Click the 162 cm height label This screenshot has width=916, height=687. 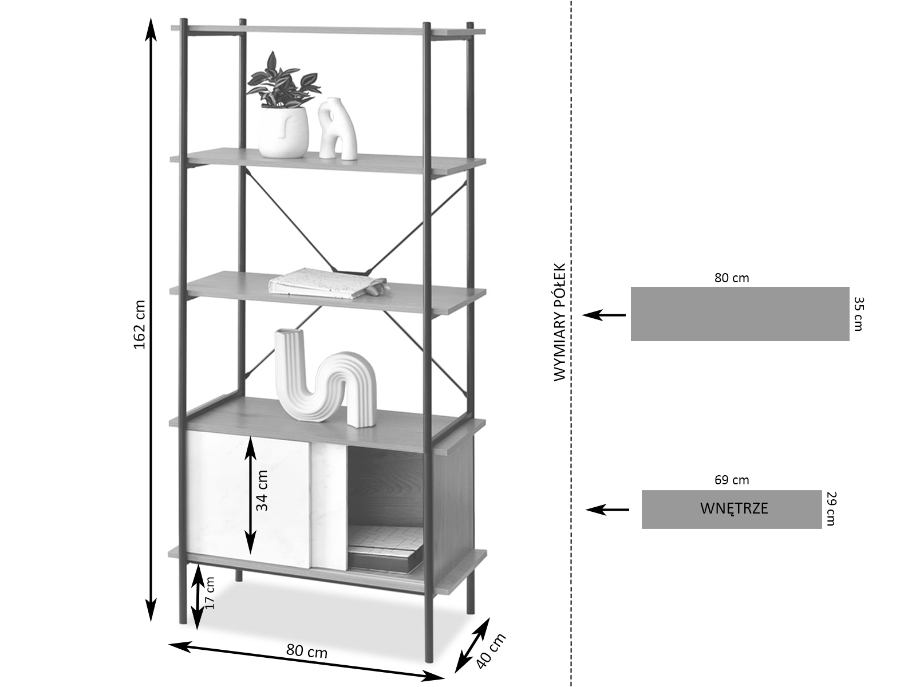pyautogui.click(x=140, y=324)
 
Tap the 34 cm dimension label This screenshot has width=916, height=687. pyautogui.click(x=262, y=490)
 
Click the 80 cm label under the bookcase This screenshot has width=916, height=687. pyautogui.click(x=306, y=651)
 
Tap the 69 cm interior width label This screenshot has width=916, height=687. pyautogui.click(x=731, y=480)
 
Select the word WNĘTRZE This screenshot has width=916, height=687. pyautogui.click(x=733, y=508)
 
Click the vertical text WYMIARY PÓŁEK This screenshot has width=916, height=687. pyautogui.click(x=559, y=322)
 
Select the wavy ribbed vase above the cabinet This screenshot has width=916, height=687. pyautogui.click(x=325, y=380)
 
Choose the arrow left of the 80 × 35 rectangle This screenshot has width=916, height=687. pyautogui.click(x=604, y=315)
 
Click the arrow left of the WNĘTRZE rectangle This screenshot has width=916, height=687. pyautogui.click(x=607, y=509)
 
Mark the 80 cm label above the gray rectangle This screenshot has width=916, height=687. pyautogui.click(x=731, y=278)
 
